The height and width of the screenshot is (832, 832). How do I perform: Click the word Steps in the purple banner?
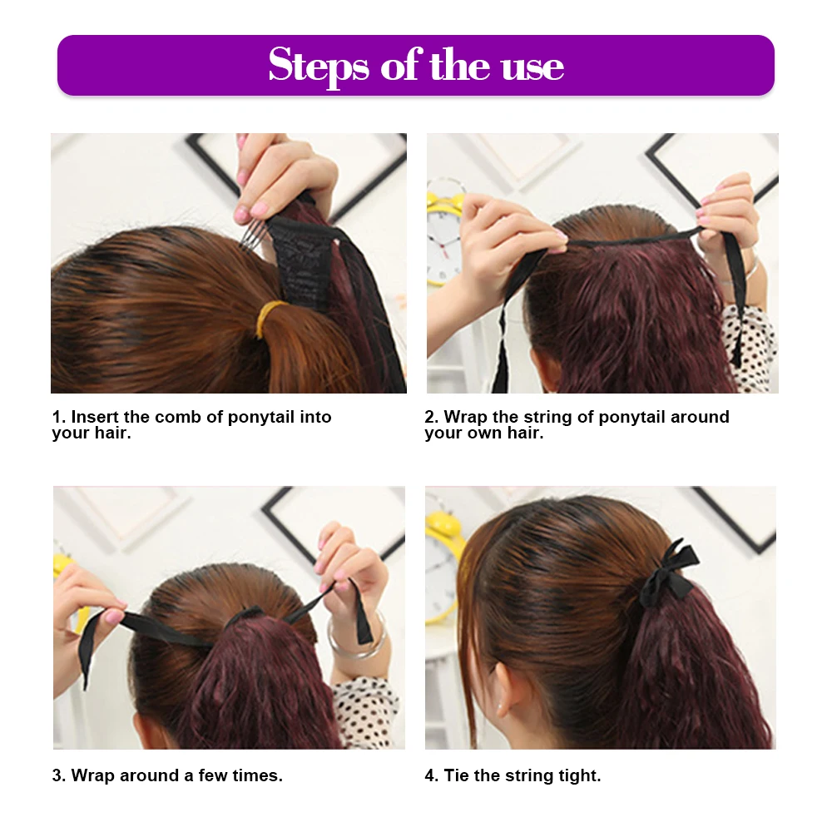(318, 66)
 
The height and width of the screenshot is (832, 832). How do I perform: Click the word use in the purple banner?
(532, 66)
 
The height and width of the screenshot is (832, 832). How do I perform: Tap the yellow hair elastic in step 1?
(268, 316)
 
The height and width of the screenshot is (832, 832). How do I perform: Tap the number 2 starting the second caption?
(429, 417)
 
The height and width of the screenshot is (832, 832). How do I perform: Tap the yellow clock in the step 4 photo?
(441, 574)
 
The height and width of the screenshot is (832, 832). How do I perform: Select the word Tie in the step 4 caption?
(457, 775)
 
